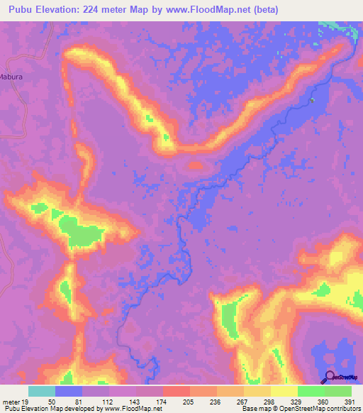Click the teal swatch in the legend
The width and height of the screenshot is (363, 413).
[x=42, y=391]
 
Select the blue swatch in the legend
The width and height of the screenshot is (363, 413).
[x=69, y=391]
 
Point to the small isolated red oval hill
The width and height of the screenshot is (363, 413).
[x=194, y=165]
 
